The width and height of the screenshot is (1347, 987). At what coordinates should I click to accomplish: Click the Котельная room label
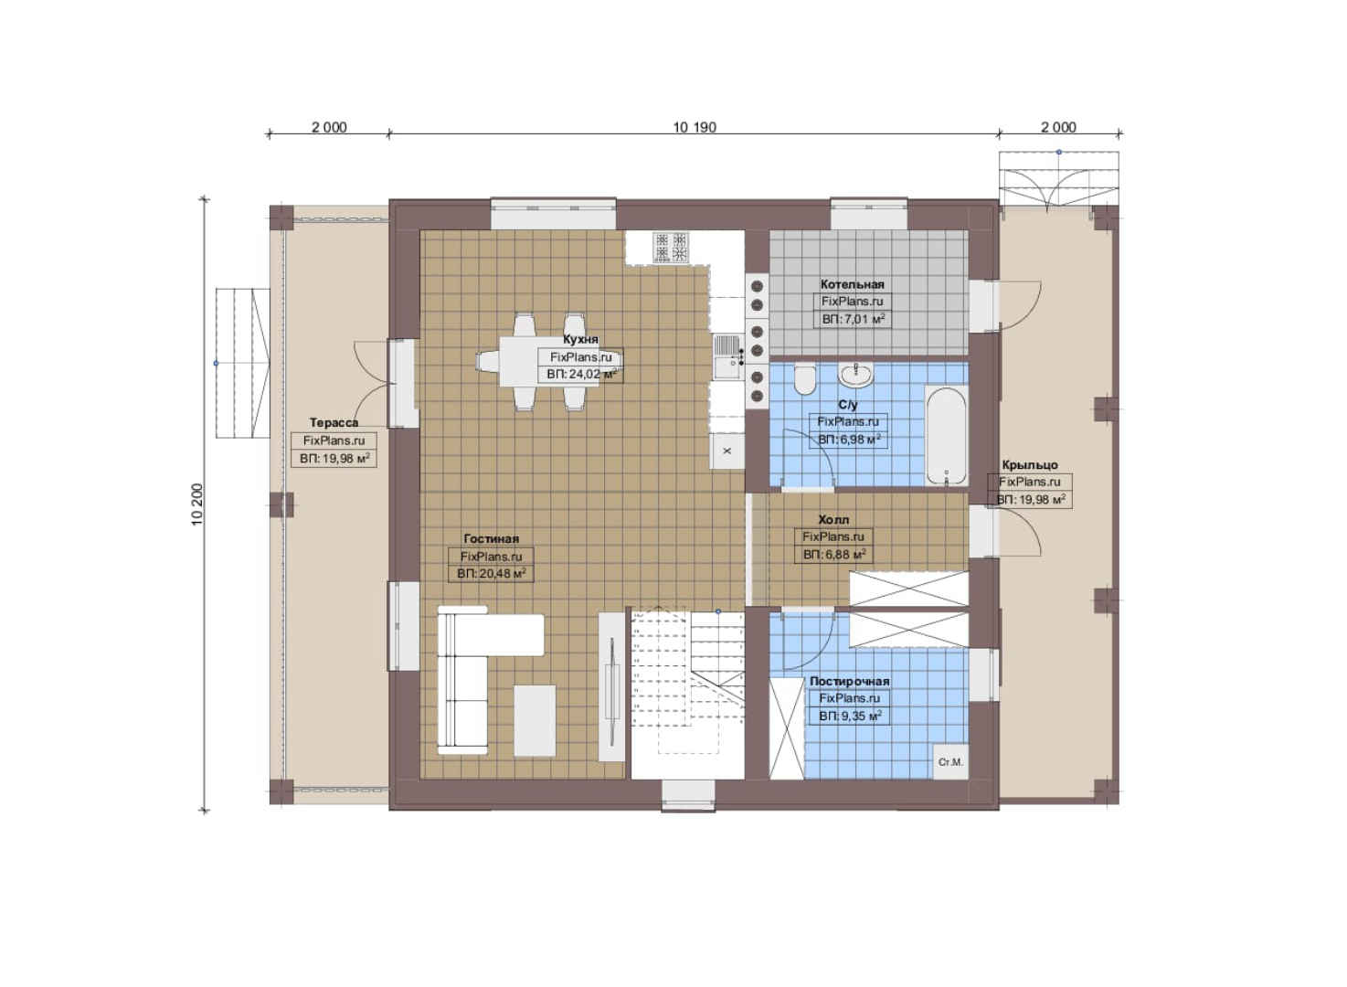point(852,284)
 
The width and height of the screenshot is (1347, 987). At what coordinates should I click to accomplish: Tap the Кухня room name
point(580,340)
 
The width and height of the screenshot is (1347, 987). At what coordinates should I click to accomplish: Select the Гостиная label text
point(491,539)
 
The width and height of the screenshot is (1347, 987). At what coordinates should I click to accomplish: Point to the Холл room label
point(833,519)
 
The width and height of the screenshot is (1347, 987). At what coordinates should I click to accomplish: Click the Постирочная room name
point(849,682)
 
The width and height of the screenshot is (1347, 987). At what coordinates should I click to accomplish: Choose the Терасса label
point(334,422)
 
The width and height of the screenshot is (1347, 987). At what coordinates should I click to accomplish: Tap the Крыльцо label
point(1030,465)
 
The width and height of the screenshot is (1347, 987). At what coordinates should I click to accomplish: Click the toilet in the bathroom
point(803,379)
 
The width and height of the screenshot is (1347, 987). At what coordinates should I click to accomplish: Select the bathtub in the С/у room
point(946,436)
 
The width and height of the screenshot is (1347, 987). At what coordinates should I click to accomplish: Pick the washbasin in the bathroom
point(856,375)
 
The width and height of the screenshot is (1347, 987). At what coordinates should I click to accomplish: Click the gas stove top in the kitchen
point(671,247)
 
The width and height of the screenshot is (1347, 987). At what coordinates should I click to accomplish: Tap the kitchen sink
point(727,357)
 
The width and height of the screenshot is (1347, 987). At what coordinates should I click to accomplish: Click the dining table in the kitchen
point(550,362)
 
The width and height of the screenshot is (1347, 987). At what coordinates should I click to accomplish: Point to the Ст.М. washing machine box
point(950,762)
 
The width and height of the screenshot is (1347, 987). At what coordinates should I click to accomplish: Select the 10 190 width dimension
point(694,128)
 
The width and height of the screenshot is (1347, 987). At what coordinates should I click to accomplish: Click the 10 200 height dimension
point(198,504)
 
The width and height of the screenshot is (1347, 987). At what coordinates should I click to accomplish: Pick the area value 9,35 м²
point(850,716)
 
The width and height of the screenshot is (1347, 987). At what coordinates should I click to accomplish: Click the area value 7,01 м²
point(853,319)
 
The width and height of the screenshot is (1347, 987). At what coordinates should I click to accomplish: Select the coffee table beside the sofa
point(535,720)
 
